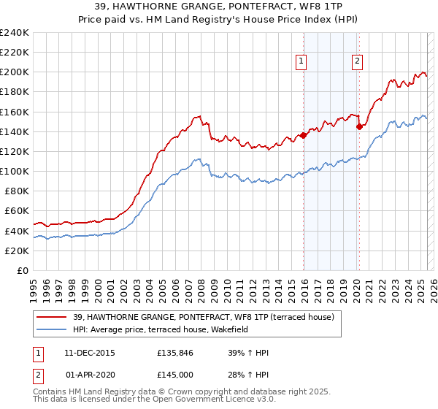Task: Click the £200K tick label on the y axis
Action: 15,72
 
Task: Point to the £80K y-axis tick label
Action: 17,191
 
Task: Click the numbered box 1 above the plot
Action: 301,62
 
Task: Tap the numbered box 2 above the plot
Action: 358,62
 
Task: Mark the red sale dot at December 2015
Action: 303,135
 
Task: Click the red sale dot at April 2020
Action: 359,126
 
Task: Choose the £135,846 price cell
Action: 174,353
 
